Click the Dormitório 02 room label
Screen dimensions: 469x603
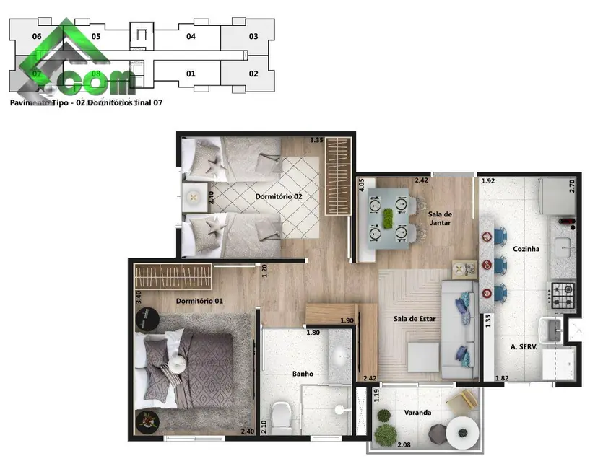click(x=277, y=196)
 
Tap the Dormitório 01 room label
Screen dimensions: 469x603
click(x=199, y=301)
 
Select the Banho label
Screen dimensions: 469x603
click(x=302, y=374)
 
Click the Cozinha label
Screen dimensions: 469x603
click(x=527, y=249)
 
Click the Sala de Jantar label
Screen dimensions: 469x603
click(x=440, y=219)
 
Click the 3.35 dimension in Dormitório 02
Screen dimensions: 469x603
click(x=316, y=140)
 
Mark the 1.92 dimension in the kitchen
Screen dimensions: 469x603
click(x=488, y=180)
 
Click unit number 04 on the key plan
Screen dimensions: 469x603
click(x=191, y=36)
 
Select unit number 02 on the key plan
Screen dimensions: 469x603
click(x=253, y=74)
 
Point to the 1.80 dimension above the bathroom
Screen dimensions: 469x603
click(x=313, y=333)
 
